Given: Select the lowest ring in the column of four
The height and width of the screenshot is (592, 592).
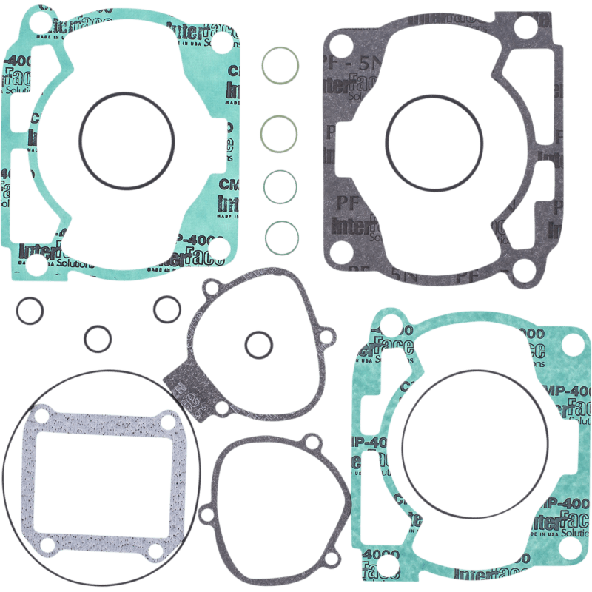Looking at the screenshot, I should (x=282, y=238).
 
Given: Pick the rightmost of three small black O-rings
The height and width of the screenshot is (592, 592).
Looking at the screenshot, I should (x=166, y=309).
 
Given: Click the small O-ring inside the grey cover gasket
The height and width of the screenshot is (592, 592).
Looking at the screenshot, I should (x=259, y=344).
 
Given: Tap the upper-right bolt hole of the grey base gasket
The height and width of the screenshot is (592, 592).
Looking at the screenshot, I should (x=525, y=27).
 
